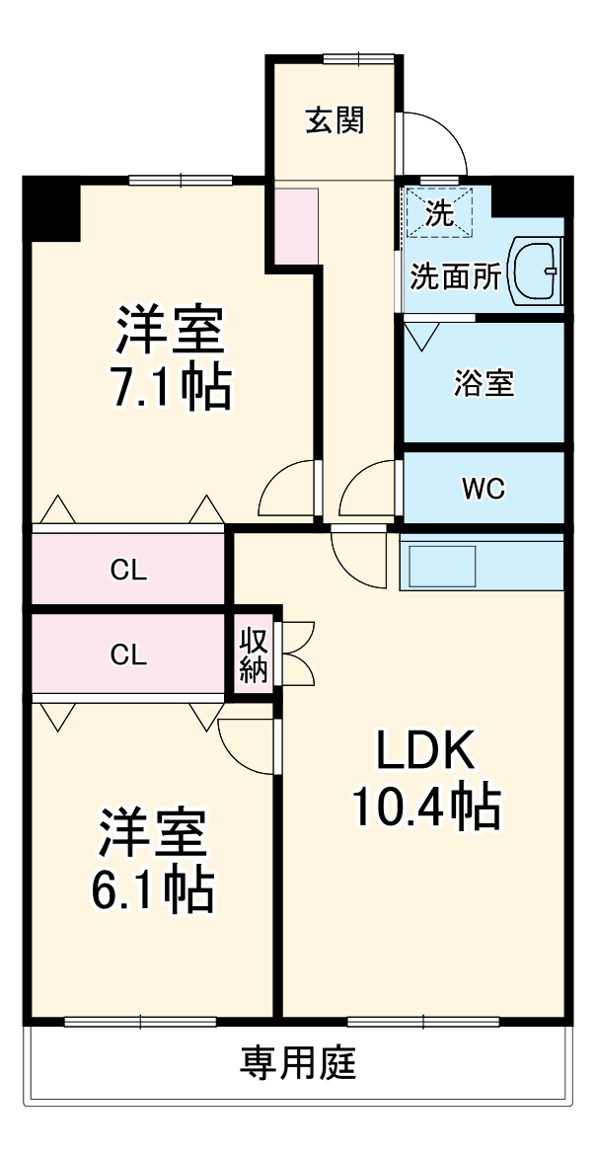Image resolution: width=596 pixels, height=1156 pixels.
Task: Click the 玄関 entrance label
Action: [335, 120]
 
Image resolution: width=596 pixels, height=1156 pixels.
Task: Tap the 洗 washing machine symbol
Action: [439, 214]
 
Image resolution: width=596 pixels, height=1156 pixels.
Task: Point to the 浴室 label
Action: [484, 383]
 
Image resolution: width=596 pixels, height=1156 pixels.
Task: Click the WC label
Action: [484, 488]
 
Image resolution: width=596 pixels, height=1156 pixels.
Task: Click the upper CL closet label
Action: [128, 570]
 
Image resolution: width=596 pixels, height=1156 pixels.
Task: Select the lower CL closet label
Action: [128, 654]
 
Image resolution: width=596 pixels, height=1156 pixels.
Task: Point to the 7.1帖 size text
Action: [171, 387]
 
